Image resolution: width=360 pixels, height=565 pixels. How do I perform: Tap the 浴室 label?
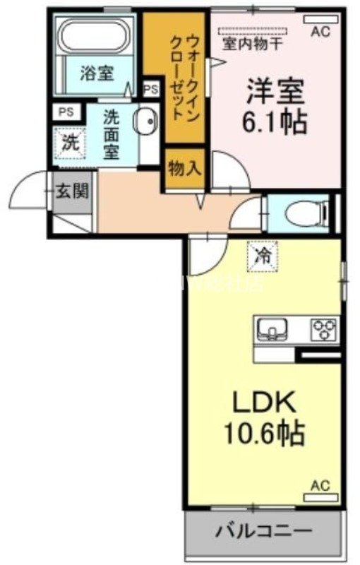pos(97,73)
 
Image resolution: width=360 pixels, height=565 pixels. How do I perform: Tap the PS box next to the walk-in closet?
pos(150,89)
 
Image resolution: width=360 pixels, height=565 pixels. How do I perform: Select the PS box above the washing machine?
pos(66,112)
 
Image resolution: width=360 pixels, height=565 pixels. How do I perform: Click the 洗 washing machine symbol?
pos(69,141)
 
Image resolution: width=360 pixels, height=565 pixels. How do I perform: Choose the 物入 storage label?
pos(184,169)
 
